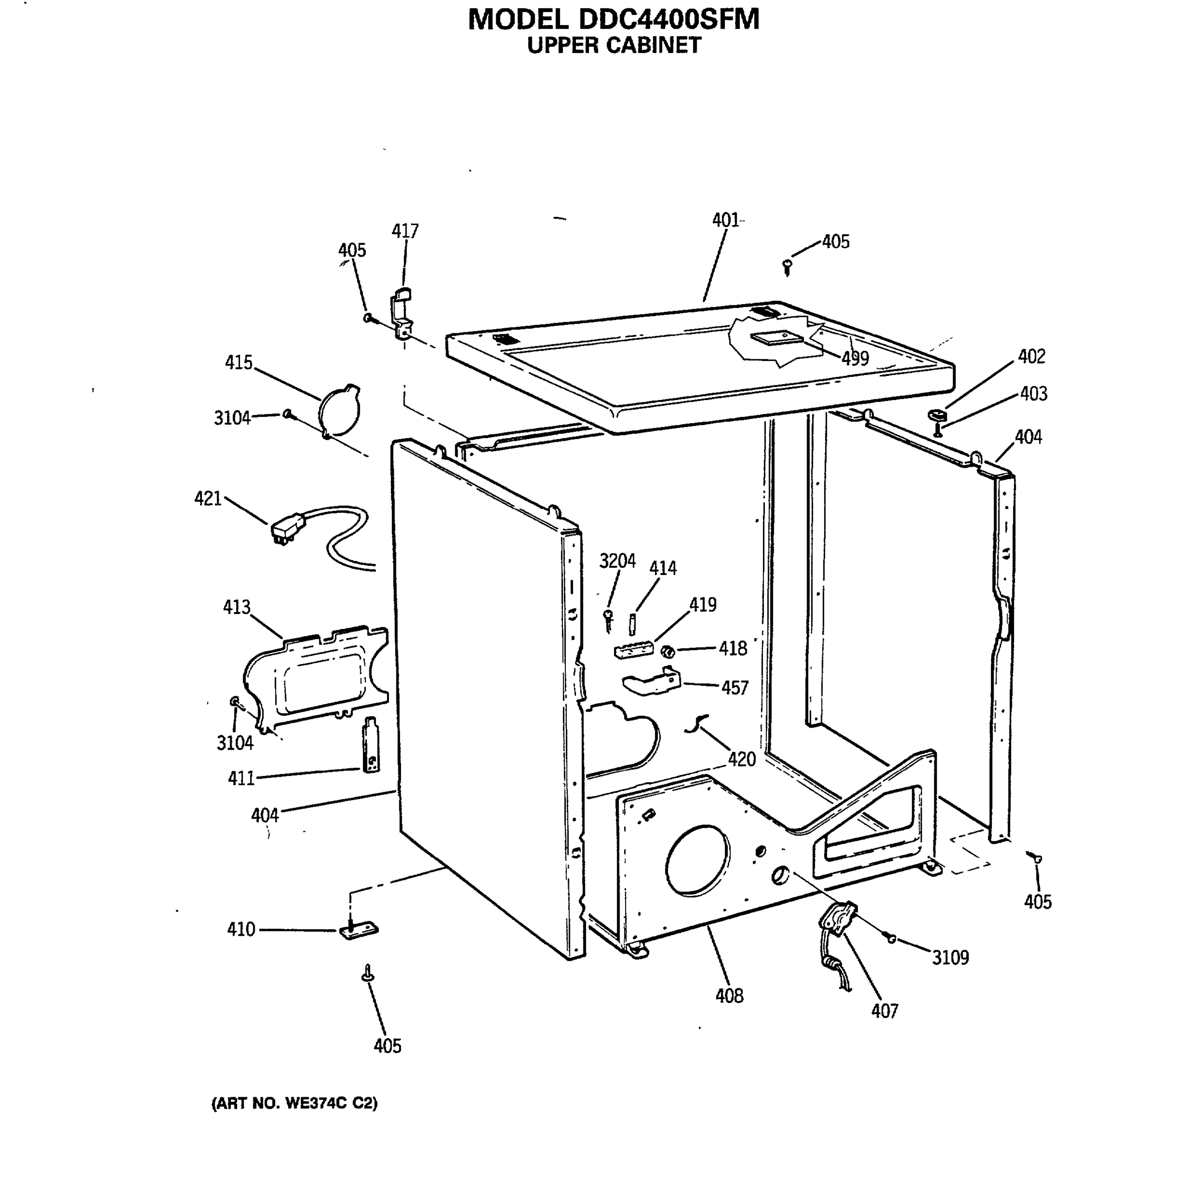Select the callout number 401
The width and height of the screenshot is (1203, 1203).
pos(725,221)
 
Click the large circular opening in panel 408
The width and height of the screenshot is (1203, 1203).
pos(697,862)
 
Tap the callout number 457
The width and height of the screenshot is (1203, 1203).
pos(735,688)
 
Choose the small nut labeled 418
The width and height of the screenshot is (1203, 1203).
pos(668,651)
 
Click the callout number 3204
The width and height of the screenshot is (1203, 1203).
pos(617,561)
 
